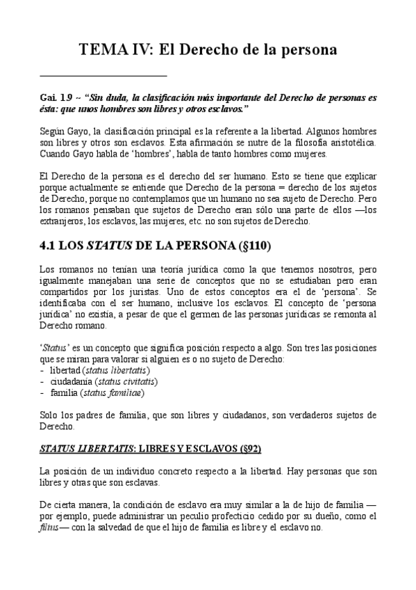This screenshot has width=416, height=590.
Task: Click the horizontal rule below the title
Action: tap(103, 74)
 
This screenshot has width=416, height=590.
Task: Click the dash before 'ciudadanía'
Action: tap(42, 381)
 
